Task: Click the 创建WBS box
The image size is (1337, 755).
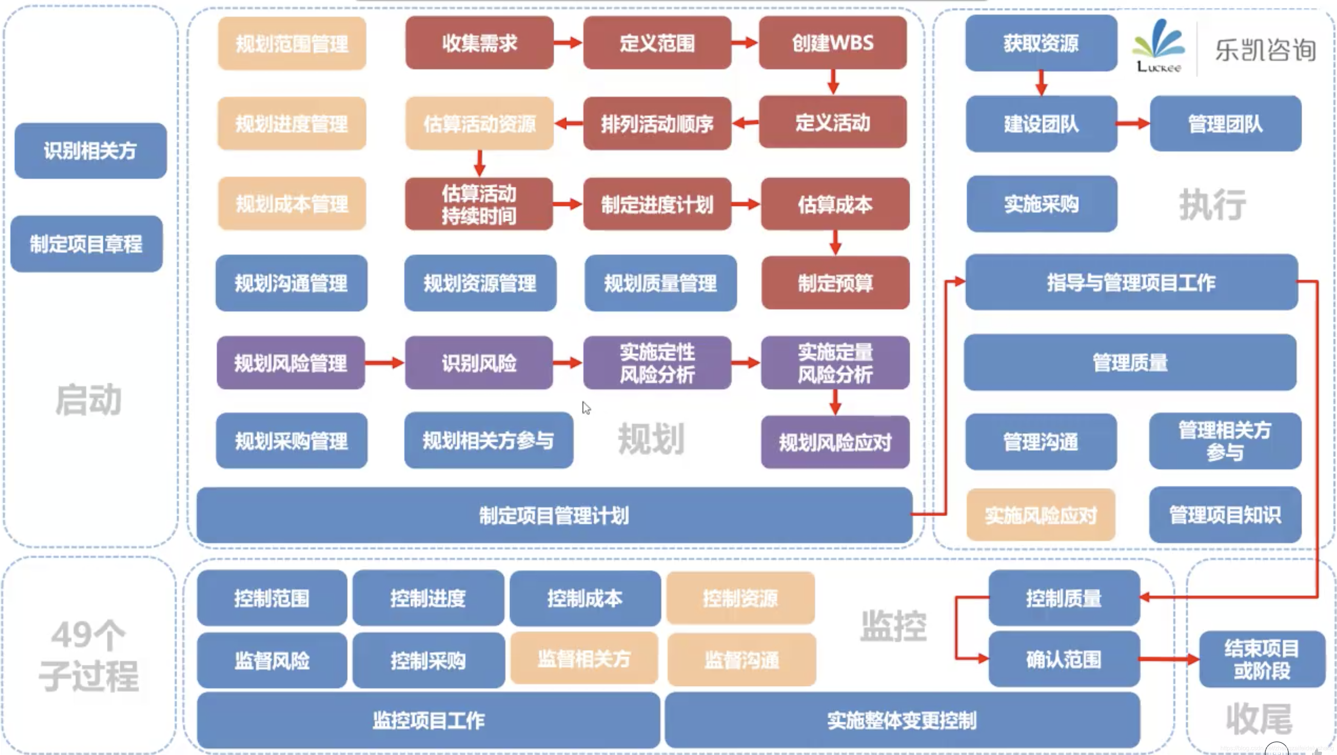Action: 833,42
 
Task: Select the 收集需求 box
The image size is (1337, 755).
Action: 479,42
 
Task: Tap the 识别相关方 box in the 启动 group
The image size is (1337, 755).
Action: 90,150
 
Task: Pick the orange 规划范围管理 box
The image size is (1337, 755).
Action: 292,44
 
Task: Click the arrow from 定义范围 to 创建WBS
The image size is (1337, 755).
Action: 745,42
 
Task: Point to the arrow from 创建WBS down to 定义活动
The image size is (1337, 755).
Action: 833,82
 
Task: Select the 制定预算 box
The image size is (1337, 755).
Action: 835,283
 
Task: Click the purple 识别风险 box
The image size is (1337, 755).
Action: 479,363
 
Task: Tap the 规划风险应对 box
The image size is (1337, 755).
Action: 835,442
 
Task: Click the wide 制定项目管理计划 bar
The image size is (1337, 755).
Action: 554,515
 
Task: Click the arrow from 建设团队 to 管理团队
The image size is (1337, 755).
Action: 1133,123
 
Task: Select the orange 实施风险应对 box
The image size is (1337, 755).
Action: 1041,515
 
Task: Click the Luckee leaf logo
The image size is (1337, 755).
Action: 1158,41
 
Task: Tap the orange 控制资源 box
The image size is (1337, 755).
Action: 740,598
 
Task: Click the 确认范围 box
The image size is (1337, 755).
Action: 1064,659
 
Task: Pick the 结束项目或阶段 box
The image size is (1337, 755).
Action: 1262,659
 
